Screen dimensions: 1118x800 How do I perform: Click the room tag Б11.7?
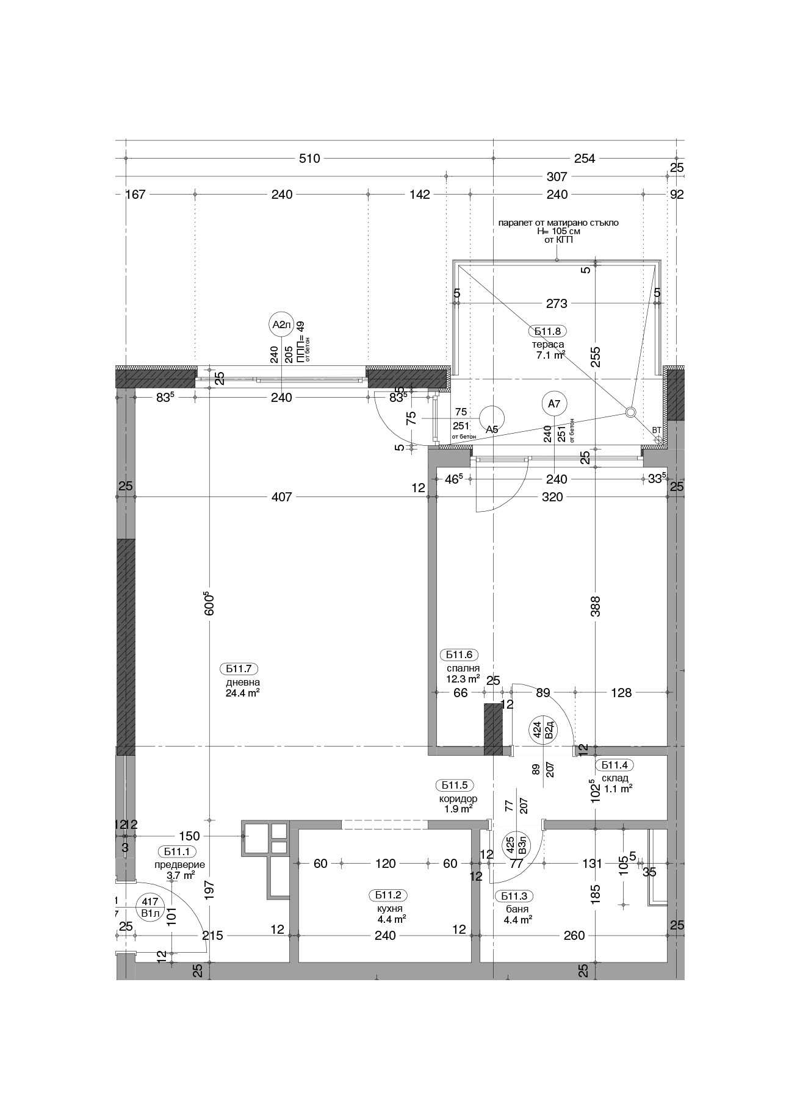[x=239, y=667]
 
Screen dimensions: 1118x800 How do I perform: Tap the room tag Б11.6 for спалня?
[x=459, y=654]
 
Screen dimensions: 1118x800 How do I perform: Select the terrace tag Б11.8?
[x=547, y=331]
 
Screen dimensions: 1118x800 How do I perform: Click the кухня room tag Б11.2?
[x=387, y=895]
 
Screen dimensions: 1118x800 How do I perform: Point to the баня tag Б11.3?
[x=514, y=895]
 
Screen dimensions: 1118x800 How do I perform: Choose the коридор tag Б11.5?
[x=455, y=785]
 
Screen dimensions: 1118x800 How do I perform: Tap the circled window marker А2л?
[x=281, y=324]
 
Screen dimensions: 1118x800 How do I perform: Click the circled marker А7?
[x=553, y=404]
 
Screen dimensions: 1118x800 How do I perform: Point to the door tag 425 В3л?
[x=515, y=845]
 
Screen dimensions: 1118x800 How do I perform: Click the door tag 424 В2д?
[x=543, y=729]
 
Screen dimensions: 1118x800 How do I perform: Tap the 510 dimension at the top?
[x=309, y=159]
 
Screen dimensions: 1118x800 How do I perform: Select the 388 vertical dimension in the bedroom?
[x=596, y=606]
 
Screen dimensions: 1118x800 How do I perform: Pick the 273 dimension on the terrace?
[x=557, y=303]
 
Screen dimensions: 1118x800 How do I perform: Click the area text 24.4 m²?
[x=242, y=693]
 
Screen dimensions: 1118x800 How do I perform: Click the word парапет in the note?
[x=515, y=223]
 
